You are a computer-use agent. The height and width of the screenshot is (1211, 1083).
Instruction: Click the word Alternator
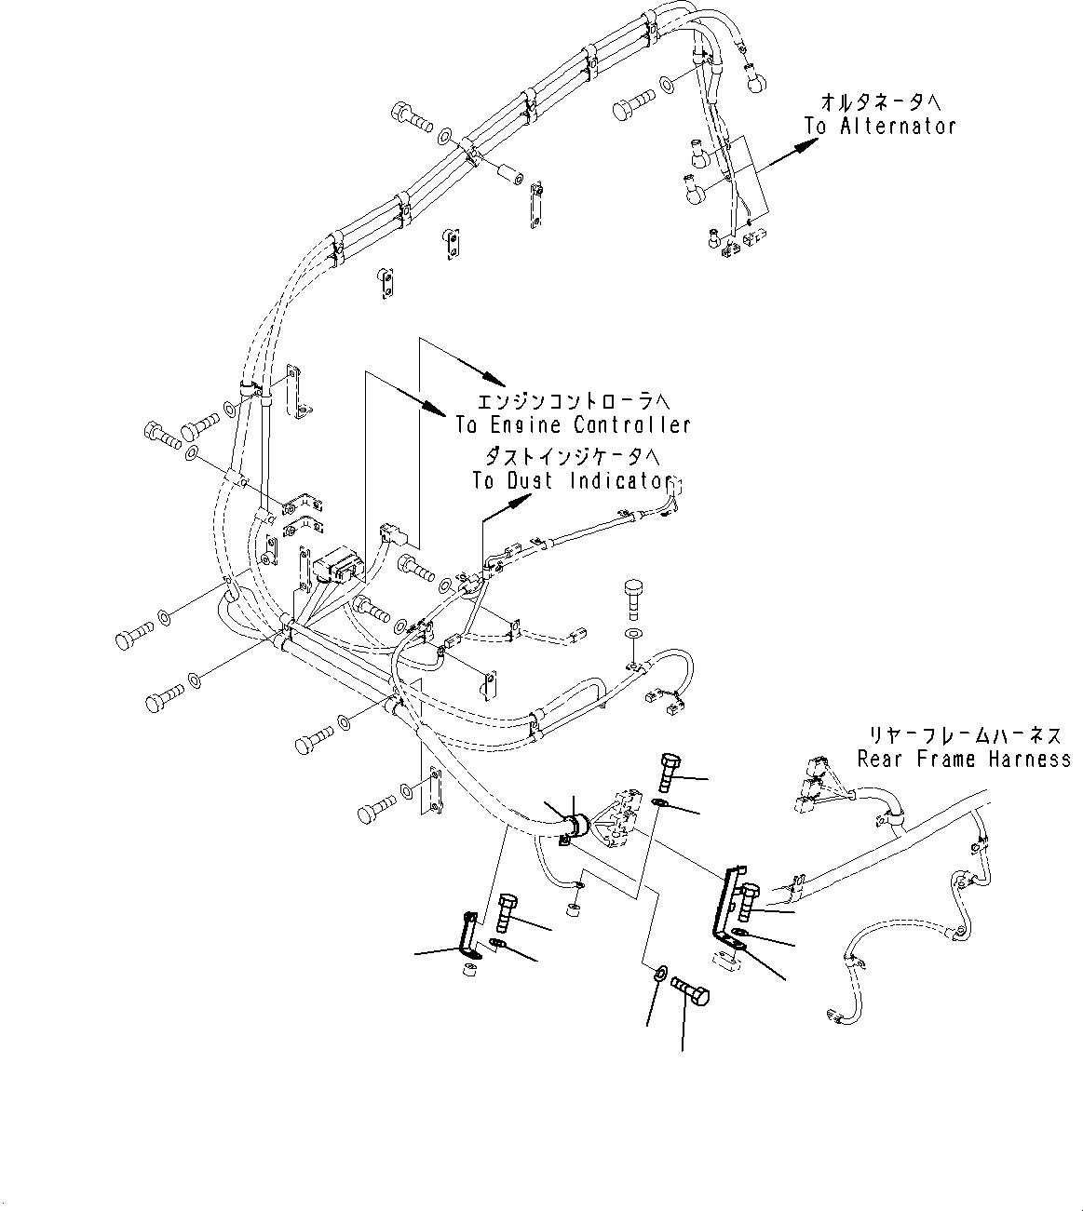[x=898, y=127]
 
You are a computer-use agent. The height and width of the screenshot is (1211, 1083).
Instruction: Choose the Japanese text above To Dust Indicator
[x=572, y=457]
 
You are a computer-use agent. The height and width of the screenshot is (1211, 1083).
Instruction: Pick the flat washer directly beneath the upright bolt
[x=633, y=634]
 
